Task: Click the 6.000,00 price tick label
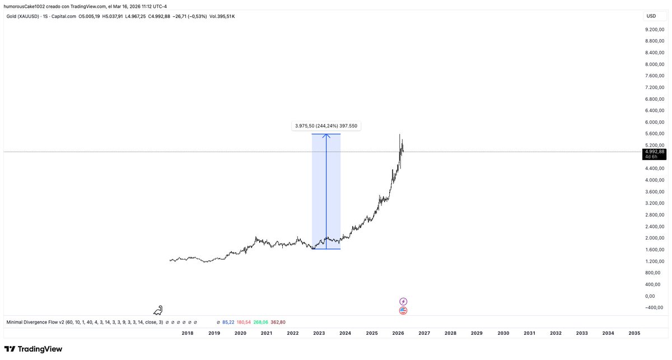coord(654,122)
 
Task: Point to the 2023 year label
coord(319,333)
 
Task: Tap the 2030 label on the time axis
coord(503,333)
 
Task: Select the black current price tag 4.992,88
coord(654,152)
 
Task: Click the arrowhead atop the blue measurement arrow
coord(326,135)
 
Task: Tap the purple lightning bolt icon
coord(403,301)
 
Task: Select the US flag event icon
coord(403,311)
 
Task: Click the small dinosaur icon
coord(160,310)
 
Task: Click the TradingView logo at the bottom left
coord(34,349)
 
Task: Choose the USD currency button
coord(651,16)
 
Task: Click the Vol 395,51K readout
coord(222,16)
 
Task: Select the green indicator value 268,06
coord(260,322)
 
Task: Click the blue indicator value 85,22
coord(228,322)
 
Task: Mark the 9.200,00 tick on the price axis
coord(654,29)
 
